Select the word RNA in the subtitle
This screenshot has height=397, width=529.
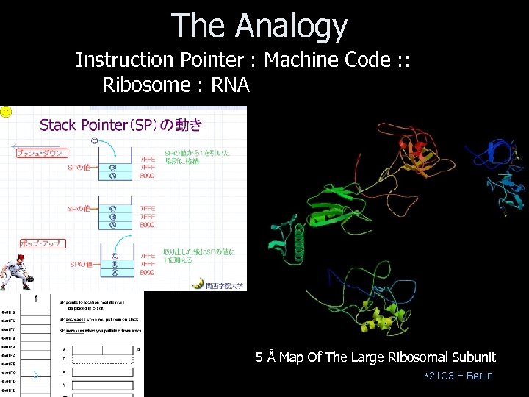coord(230,85)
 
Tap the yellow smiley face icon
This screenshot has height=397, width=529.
coord(6,112)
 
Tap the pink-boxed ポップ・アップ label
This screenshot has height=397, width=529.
coord(42,243)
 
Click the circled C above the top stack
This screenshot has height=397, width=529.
coord(94,140)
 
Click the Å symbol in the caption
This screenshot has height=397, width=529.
coord(271,357)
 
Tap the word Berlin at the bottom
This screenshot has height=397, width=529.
coord(479,376)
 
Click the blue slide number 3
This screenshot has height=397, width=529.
coord(35,376)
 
